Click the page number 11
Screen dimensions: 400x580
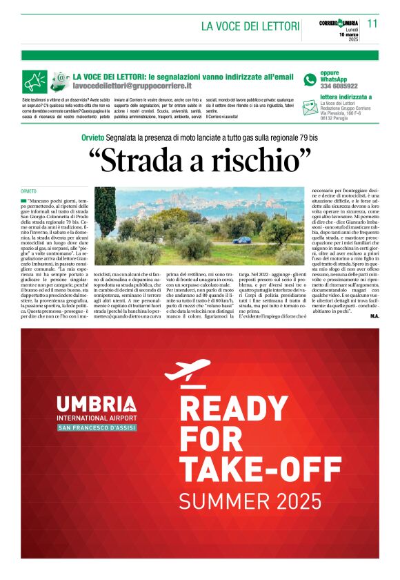(372, 23)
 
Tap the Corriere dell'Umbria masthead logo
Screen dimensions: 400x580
(339, 23)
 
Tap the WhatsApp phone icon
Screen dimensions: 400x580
(310, 79)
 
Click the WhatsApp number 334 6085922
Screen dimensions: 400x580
(339, 86)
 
